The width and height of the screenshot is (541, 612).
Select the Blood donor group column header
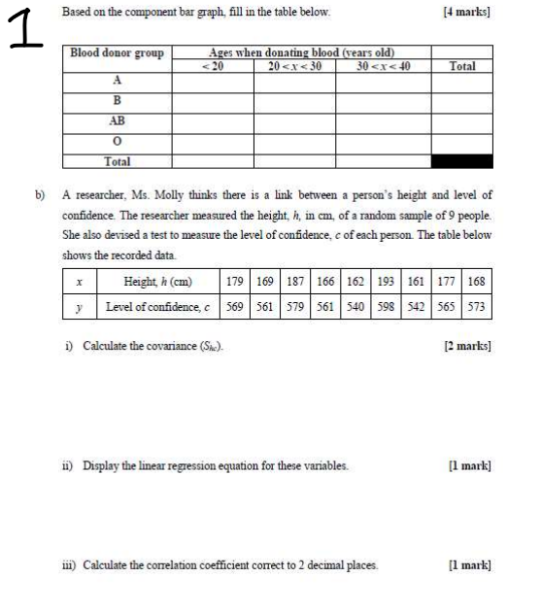(x=118, y=52)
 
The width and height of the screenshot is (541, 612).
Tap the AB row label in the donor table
(x=118, y=120)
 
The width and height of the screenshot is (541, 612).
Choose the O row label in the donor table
(x=118, y=141)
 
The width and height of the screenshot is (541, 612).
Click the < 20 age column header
(x=212, y=65)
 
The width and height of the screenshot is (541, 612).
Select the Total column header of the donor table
(x=462, y=65)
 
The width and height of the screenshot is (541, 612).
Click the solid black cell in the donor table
(x=462, y=161)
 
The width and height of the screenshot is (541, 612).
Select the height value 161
(x=413, y=282)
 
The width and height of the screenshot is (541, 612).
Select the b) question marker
(x=41, y=194)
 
